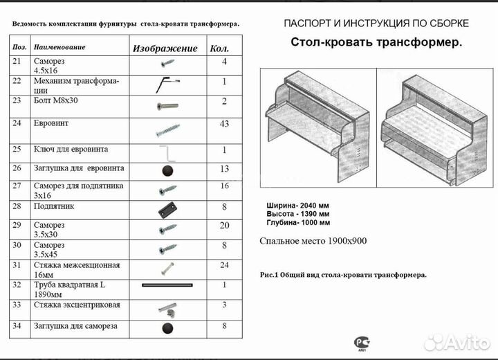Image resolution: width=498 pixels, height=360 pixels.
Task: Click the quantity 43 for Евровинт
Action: (x=224, y=123)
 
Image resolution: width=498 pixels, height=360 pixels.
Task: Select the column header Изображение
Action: (x=165, y=48)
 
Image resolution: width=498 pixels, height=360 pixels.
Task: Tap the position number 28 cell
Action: (x=19, y=206)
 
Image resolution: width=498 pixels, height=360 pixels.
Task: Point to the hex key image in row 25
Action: (x=165, y=151)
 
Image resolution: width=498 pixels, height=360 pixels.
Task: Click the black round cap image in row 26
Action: (x=167, y=170)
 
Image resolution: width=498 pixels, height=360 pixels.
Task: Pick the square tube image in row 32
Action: (x=167, y=285)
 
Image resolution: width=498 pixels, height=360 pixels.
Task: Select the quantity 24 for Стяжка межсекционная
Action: (x=224, y=264)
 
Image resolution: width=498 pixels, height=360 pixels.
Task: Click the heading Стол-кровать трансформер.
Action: (x=376, y=43)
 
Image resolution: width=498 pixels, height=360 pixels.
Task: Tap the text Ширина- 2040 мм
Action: (x=298, y=206)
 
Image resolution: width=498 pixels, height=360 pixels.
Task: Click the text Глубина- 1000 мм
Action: (x=298, y=223)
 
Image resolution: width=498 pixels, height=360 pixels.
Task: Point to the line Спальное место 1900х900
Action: (x=313, y=241)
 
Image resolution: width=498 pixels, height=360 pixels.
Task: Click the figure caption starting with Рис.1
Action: (x=343, y=275)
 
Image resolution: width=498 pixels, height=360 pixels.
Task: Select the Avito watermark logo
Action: (x=456, y=341)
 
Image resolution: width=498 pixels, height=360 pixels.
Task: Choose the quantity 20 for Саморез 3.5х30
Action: (x=224, y=226)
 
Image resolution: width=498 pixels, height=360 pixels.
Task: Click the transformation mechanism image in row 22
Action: (x=166, y=84)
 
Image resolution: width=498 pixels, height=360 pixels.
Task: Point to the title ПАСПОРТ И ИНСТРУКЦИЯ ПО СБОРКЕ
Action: (x=376, y=24)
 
